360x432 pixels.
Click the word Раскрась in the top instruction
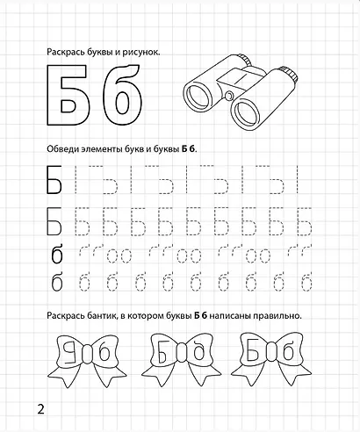click(67, 53)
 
